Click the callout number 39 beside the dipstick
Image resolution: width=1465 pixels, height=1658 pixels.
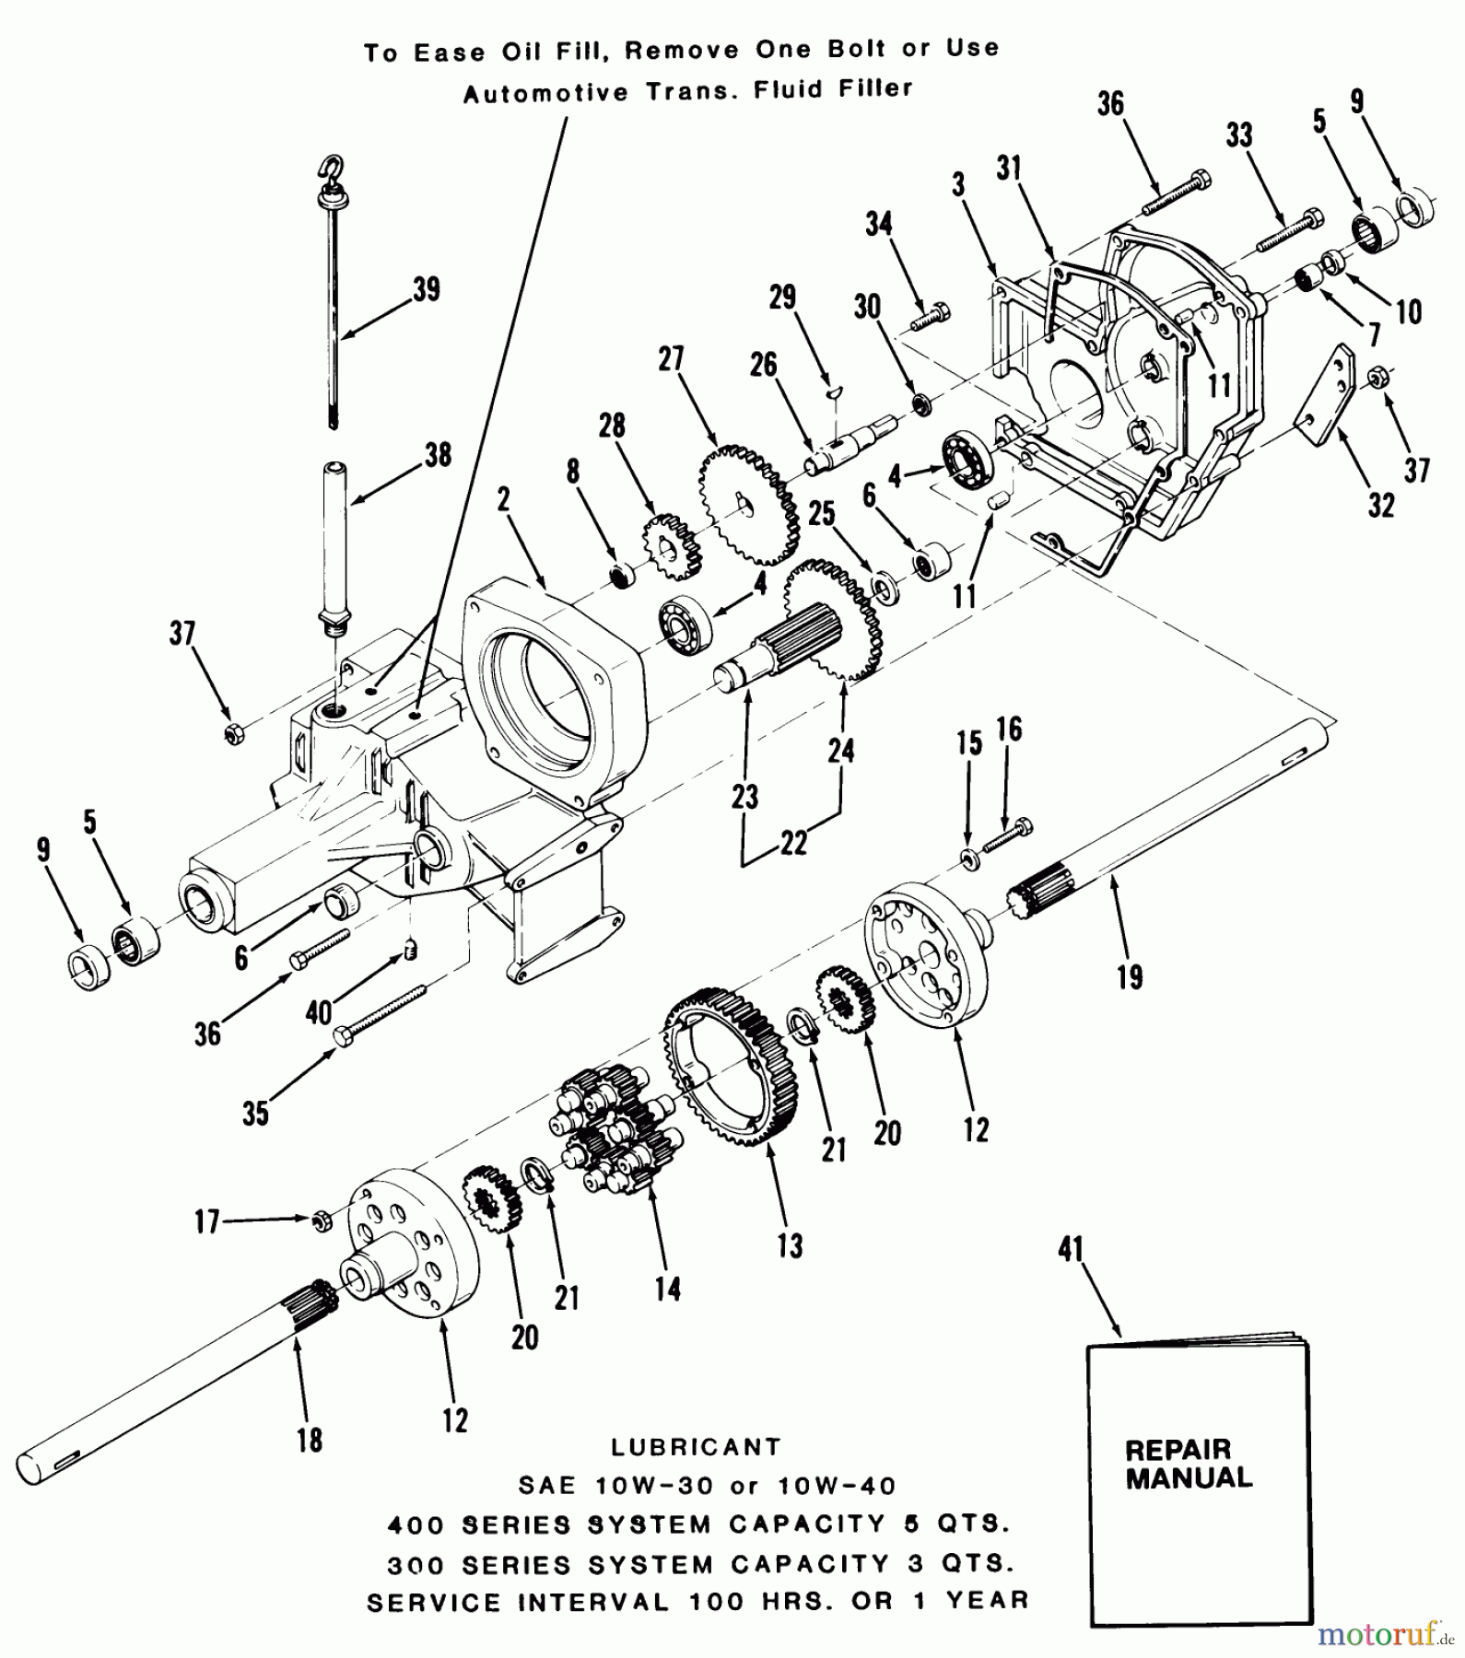pyautogui.click(x=426, y=289)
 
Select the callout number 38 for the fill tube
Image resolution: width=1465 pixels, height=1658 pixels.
pyautogui.click(x=438, y=454)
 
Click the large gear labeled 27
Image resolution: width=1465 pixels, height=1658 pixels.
pyautogui.click(x=747, y=504)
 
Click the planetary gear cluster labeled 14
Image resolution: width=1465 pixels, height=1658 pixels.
pyautogui.click(x=615, y=1130)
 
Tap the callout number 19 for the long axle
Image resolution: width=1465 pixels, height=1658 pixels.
pyautogui.click(x=1130, y=976)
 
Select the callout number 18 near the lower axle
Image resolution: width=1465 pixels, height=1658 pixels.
pyautogui.click(x=310, y=1439)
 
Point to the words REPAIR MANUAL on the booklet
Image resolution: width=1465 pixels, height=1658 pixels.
pyautogui.click(x=1189, y=1464)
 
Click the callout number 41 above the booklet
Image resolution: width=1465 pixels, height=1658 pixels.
pyautogui.click(x=1070, y=1250)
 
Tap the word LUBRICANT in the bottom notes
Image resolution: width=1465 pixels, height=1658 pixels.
pyautogui.click(x=696, y=1447)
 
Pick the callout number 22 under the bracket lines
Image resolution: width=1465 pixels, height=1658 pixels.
pyautogui.click(x=793, y=842)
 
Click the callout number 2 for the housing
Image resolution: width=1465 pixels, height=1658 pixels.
pyautogui.click(x=503, y=500)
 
